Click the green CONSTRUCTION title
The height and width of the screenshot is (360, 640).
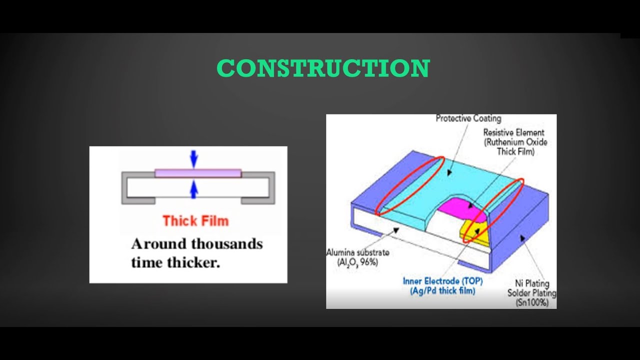click(x=323, y=68)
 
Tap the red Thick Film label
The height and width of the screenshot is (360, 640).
click(x=195, y=220)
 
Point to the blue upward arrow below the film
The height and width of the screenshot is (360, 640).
click(x=194, y=189)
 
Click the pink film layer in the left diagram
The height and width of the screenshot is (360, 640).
click(x=198, y=173)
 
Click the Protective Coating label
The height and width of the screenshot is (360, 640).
click(x=468, y=118)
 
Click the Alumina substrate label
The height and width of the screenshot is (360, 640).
click(x=357, y=252)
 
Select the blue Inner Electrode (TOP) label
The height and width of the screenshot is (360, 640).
click(x=438, y=280)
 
